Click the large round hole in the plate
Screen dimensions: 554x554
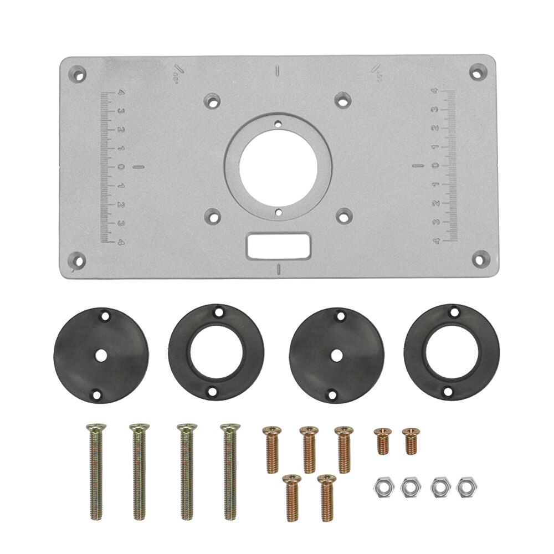click(279, 167)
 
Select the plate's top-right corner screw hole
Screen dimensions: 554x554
click(476, 71)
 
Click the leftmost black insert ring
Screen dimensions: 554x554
click(102, 355)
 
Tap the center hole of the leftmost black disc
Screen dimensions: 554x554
click(102, 355)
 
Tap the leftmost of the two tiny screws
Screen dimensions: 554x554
click(381, 440)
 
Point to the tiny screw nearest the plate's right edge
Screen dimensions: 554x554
click(410, 441)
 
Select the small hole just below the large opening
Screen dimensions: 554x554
click(279, 211)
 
